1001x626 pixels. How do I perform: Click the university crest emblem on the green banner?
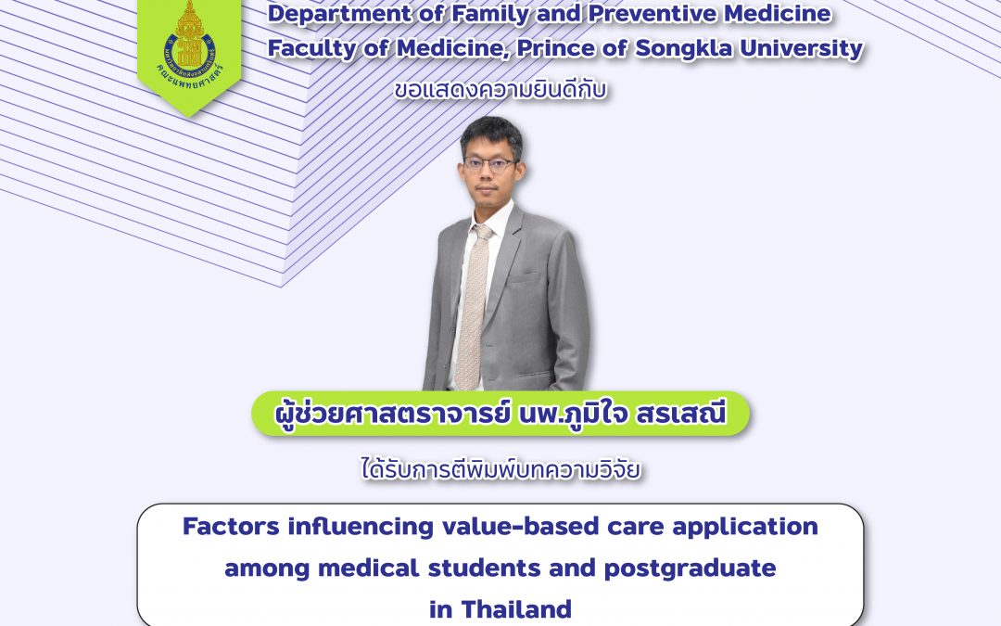[x=190, y=40]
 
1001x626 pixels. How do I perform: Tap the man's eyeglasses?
[x=489, y=163]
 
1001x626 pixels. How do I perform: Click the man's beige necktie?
[x=473, y=307]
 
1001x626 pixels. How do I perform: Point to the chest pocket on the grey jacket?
[x=525, y=278]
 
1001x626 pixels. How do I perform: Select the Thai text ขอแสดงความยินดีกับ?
[x=500, y=91]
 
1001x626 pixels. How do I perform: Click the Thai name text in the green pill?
[x=500, y=414]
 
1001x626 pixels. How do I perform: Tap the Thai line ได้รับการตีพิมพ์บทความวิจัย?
[x=500, y=470]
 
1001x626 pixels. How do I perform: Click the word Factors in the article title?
[x=231, y=527]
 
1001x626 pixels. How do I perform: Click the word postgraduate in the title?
[x=690, y=569]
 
